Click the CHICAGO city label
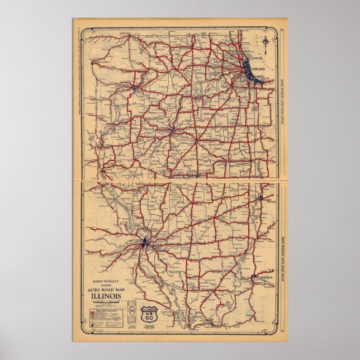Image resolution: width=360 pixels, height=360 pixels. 258,68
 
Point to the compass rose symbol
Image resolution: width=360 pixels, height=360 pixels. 265,40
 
